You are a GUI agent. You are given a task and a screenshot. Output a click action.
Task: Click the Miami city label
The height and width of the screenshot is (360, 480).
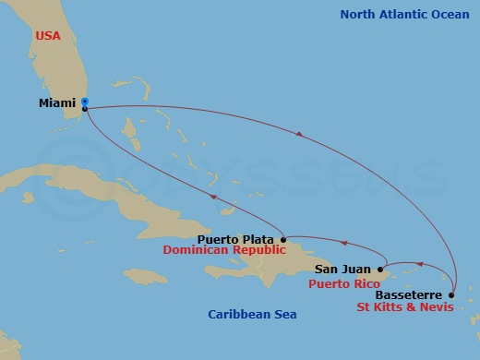click(x=57, y=103)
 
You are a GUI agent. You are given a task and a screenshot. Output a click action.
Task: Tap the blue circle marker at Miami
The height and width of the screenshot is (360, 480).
click(x=84, y=102)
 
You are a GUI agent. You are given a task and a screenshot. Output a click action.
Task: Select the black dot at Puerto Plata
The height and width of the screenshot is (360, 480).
click(x=282, y=239)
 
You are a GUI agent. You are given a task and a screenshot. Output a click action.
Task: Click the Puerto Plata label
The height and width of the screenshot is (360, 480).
click(x=235, y=239)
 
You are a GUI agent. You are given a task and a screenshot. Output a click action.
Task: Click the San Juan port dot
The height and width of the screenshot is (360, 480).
click(x=380, y=270)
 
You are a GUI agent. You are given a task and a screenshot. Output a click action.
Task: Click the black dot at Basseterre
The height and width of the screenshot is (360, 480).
click(x=450, y=296)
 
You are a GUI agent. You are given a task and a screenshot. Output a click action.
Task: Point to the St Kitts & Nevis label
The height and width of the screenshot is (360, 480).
click(x=403, y=308)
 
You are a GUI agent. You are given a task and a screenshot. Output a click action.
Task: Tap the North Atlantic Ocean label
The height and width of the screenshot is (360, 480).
click(x=405, y=15)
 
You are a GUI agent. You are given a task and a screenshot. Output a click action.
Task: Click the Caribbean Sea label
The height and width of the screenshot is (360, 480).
click(x=251, y=315)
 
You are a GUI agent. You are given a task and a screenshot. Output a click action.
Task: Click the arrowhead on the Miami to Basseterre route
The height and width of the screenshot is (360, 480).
click(x=299, y=136)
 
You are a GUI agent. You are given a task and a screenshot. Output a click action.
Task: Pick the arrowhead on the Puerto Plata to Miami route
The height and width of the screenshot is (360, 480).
click(x=213, y=197)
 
